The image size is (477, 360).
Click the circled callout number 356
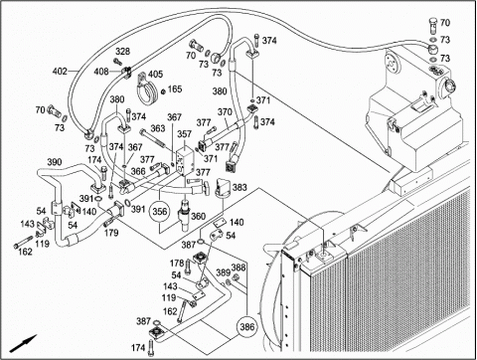click(160, 211)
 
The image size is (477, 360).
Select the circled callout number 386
click(247, 327)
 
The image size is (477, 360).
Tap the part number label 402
click(60, 72)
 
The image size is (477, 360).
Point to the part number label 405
click(155, 74)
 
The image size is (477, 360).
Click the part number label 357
click(184, 134)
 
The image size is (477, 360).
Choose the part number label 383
click(239, 188)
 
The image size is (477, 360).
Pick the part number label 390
click(55, 162)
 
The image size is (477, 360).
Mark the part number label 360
click(198, 217)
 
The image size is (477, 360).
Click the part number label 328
click(123, 52)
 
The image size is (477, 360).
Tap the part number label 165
click(175, 89)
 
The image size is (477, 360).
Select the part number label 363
click(158, 128)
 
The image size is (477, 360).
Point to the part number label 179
click(111, 233)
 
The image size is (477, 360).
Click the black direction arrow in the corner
click(23, 343)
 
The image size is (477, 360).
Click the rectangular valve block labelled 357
click(185, 161)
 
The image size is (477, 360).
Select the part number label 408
click(101, 72)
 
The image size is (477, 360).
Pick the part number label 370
click(225, 112)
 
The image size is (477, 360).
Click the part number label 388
click(238, 268)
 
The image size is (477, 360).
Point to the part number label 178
click(177, 264)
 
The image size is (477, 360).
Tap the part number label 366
click(138, 171)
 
